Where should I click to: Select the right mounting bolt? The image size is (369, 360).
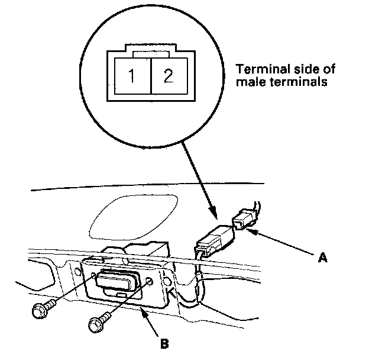[98, 323]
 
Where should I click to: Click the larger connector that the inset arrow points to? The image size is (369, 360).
[214, 240]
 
